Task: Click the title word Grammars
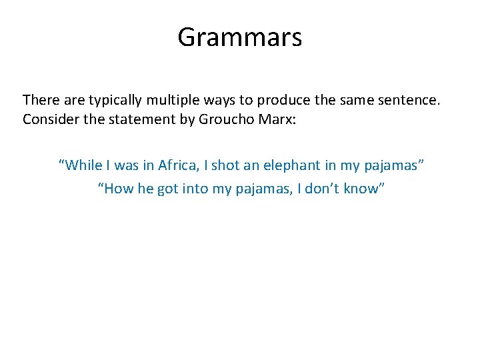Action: pyautogui.click(x=239, y=38)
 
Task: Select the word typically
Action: pyautogui.click(x=117, y=101)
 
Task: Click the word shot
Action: pyautogui.click(x=225, y=164)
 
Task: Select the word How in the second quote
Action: pyautogui.click(x=117, y=189)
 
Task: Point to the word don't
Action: pyautogui.click(x=326, y=189)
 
